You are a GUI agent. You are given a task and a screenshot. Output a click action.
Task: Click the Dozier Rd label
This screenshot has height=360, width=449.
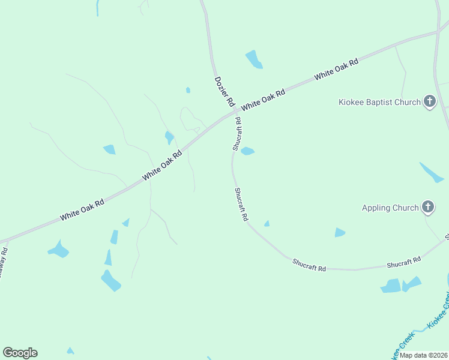tap(224, 92)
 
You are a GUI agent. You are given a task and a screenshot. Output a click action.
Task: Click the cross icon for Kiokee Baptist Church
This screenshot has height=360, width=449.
tap(430, 101)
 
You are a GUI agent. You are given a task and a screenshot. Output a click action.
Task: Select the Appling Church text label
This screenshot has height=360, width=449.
tap(390, 208)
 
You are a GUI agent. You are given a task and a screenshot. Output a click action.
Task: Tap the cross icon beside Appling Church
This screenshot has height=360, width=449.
tap(428, 208)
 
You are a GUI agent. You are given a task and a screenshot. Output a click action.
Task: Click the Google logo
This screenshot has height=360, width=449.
tap(20, 353)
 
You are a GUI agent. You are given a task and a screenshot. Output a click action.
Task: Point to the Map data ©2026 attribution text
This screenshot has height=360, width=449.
tap(424, 355)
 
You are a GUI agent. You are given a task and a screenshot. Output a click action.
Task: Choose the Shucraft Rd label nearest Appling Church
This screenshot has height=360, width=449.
tap(403, 262)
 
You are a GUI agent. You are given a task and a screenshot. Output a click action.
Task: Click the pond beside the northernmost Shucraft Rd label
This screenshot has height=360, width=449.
tap(247, 151)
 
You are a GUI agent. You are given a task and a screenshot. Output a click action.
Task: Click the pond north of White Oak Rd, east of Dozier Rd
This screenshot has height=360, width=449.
tap(254, 59)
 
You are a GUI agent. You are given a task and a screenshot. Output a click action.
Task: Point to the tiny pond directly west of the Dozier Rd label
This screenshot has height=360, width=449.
tap(188, 90)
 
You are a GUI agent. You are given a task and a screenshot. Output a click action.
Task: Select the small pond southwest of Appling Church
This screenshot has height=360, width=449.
tap(340, 232)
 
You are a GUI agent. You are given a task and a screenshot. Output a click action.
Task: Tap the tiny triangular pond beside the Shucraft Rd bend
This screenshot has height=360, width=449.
tap(267, 224)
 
